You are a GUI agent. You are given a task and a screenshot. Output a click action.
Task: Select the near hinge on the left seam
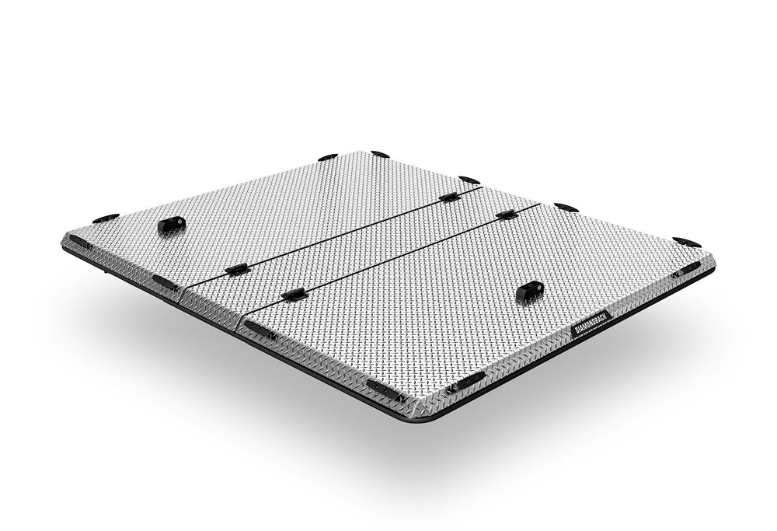(x=235, y=270)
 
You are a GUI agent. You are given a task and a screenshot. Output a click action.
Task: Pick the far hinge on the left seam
(x=448, y=197)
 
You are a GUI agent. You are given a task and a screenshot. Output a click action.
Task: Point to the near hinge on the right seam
(x=294, y=295)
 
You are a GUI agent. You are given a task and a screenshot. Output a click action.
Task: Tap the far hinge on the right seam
(x=506, y=213)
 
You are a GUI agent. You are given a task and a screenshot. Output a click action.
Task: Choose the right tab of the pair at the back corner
(x=380, y=155)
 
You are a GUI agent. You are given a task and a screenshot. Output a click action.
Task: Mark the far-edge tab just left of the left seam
(x=469, y=180)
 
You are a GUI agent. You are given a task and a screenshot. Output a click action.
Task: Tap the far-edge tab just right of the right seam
(x=565, y=207)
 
